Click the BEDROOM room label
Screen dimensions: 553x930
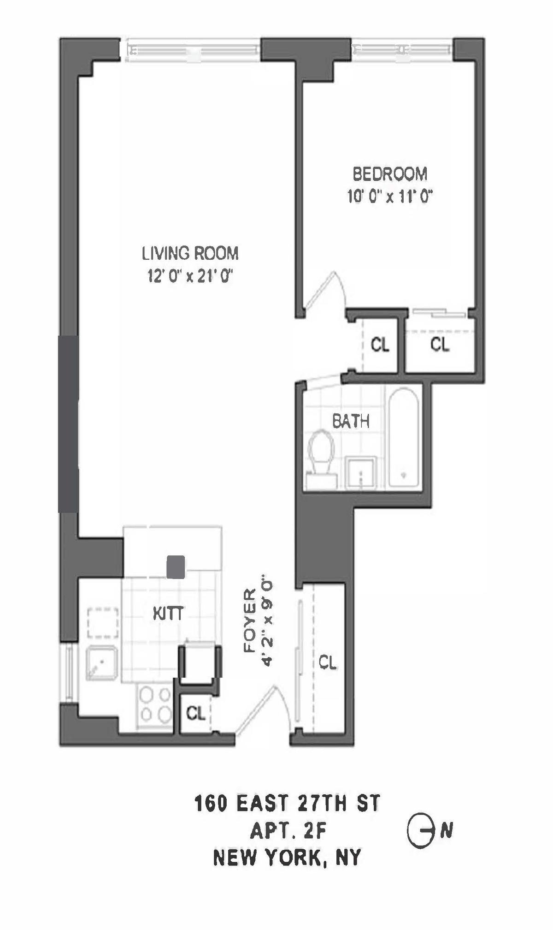(x=390, y=174)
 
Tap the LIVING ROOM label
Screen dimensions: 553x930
(x=190, y=253)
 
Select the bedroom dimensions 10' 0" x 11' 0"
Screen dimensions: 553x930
(x=390, y=197)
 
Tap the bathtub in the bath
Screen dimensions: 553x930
(x=404, y=437)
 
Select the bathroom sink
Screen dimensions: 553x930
(x=361, y=471)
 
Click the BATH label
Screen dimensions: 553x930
(x=351, y=421)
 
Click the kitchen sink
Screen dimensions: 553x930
(x=101, y=662)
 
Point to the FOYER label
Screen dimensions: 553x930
(x=249, y=620)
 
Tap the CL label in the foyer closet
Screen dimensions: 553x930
(x=328, y=663)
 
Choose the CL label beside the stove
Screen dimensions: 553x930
(x=196, y=713)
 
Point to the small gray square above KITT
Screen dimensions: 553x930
(x=176, y=567)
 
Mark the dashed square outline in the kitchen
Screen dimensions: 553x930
(x=103, y=623)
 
